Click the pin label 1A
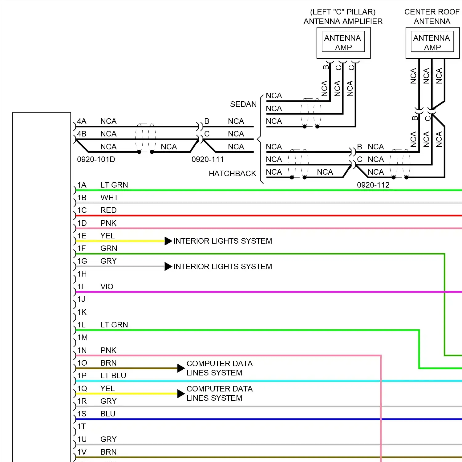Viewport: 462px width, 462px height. click(82, 185)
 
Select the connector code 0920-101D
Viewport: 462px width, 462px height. click(96, 160)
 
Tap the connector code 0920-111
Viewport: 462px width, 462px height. click(207, 160)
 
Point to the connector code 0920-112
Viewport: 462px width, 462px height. click(373, 185)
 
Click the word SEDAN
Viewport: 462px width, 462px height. click(243, 104)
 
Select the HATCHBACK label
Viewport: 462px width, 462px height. click(232, 174)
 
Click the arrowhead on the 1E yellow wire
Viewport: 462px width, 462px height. click(168, 241)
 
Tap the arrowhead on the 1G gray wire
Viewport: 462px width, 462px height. click(168, 266)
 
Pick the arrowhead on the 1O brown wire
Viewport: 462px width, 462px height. click(181, 368)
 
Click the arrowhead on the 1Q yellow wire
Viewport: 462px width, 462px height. click(181, 394)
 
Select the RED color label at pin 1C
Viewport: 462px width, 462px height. click(108, 210)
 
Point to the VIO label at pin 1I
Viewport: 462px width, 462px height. click(107, 287)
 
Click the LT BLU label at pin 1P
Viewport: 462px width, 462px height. click(113, 376)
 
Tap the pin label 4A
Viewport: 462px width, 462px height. click(82, 121)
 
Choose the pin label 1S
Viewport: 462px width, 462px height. click(82, 414)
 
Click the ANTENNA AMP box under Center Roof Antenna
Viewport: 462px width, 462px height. click(432, 43)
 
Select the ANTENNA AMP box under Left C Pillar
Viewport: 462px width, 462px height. click(343, 43)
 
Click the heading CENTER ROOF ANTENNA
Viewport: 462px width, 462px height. click(432, 17)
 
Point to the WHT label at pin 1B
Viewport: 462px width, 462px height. click(109, 198)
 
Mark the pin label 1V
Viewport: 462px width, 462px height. click(82, 452)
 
